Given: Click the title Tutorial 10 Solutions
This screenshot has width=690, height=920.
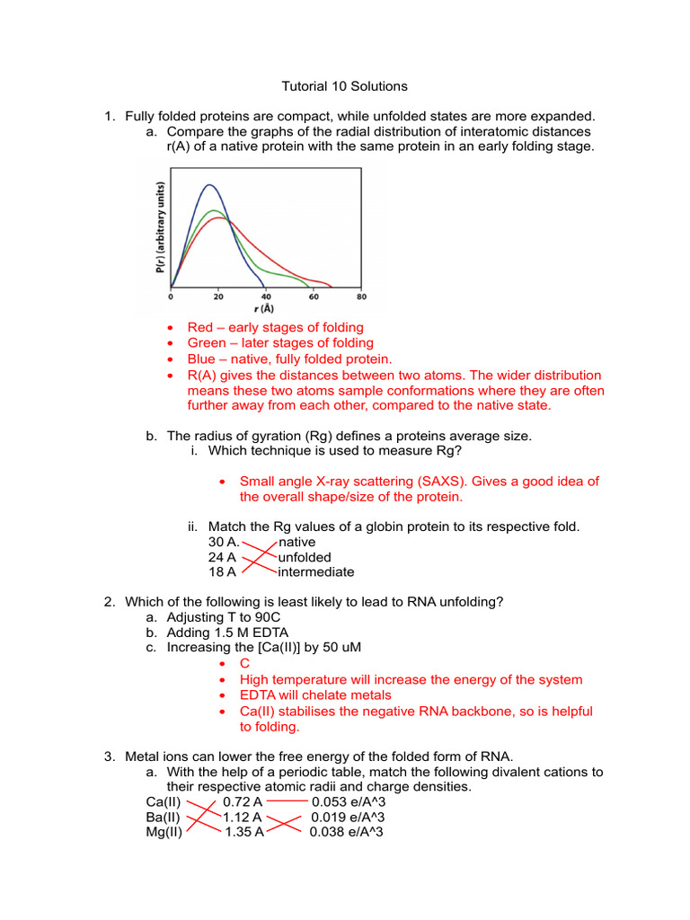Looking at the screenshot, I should pyautogui.click(x=345, y=86).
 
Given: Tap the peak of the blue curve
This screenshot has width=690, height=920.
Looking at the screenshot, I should pyautogui.click(x=209, y=185).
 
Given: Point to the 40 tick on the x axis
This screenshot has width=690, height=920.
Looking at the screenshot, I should pyautogui.click(x=265, y=295).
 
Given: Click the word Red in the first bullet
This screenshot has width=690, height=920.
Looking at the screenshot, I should pyautogui.click(x=201, y=328).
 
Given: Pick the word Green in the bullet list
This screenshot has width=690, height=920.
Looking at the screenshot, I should pyautogui.click(x=207, y=343).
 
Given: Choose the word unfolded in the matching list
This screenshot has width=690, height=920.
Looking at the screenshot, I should pyautogui.click(x=305, y=557).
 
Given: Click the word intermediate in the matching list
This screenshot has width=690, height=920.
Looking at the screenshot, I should pyautogui.click(x=316, y=572).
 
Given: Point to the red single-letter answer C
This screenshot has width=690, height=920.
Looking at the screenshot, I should pyautogui.click(x=244, y=664).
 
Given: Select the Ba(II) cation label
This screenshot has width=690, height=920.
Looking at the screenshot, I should pyautogui.click(x=163, y=818).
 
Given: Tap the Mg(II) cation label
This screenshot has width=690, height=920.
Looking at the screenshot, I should pyautogui.click(x=164, y=833).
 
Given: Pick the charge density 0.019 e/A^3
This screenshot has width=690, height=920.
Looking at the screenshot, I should pyautogui.click(x=348, y=818).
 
